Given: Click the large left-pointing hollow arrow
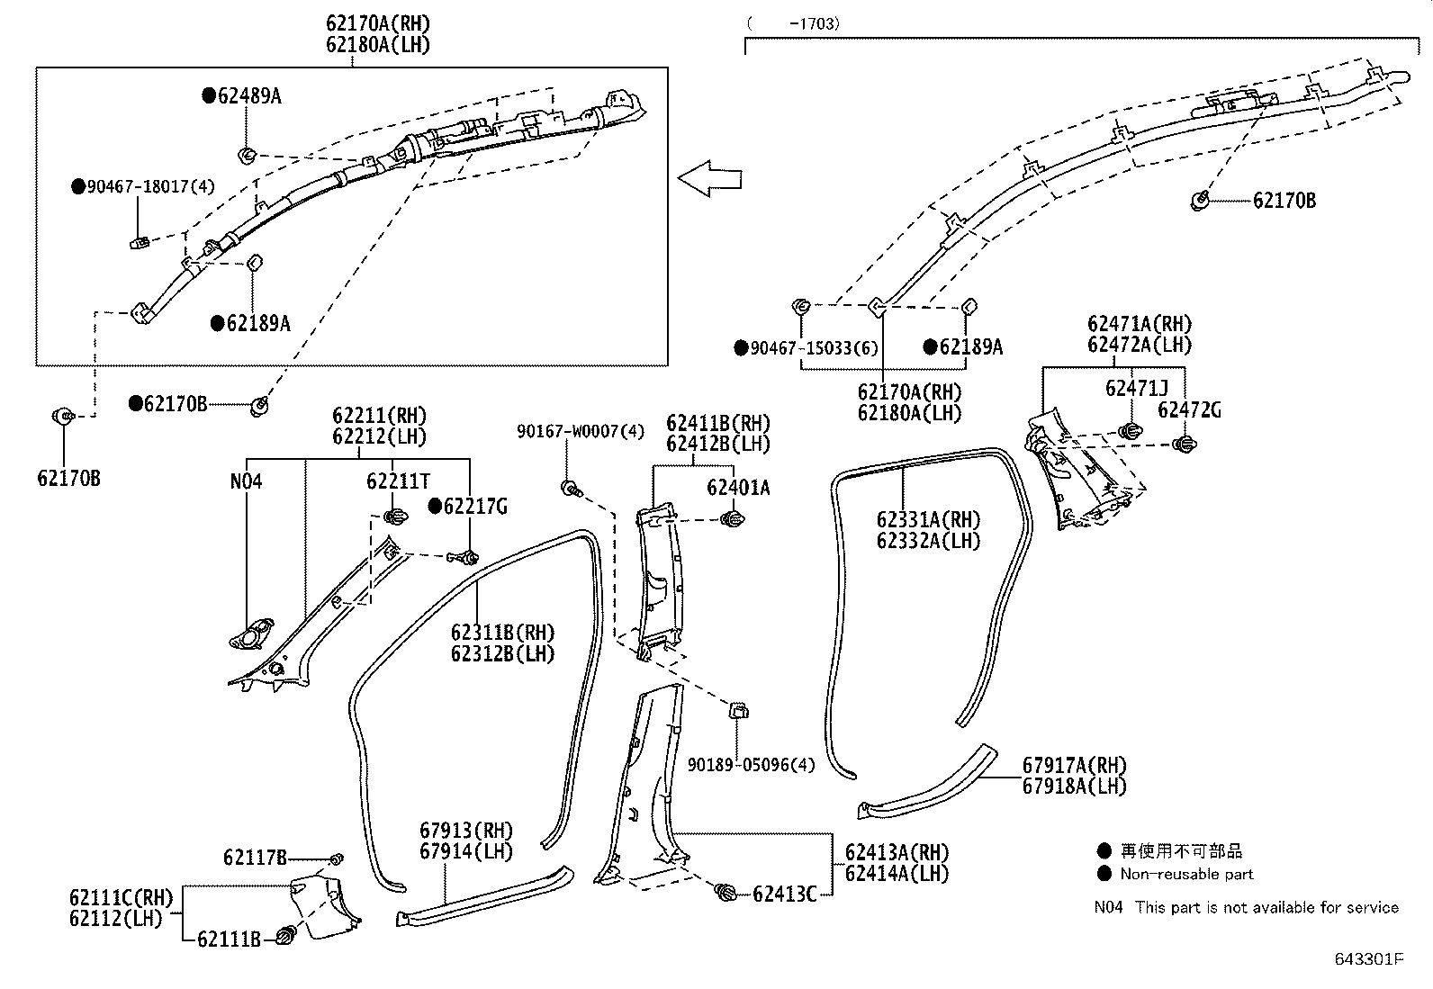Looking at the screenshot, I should click(709, 177).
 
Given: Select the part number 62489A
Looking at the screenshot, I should click(248, 96).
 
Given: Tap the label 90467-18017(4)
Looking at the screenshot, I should click(150, 187).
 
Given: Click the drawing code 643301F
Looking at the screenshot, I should click(1368, 959).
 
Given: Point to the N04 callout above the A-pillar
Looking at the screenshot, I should click(246, 481).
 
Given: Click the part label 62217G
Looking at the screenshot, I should click(475, 507).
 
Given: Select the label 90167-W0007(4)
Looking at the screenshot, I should click(581, 432).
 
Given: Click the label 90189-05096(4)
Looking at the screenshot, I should click(751, 765).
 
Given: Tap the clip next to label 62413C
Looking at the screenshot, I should click(725, 893).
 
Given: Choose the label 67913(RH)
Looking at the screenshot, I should click(465, 830).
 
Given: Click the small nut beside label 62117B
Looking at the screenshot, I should click(336, 859).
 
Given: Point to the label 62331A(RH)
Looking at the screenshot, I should click(928, 520).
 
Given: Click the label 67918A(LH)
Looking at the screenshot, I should click(1074, 786).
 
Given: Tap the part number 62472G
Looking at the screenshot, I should click(1189, 410).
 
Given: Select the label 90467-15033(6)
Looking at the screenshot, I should click(814, 348).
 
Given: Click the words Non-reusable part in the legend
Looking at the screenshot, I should click(1186, 874).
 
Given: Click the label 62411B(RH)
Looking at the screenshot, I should click(718, 423).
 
